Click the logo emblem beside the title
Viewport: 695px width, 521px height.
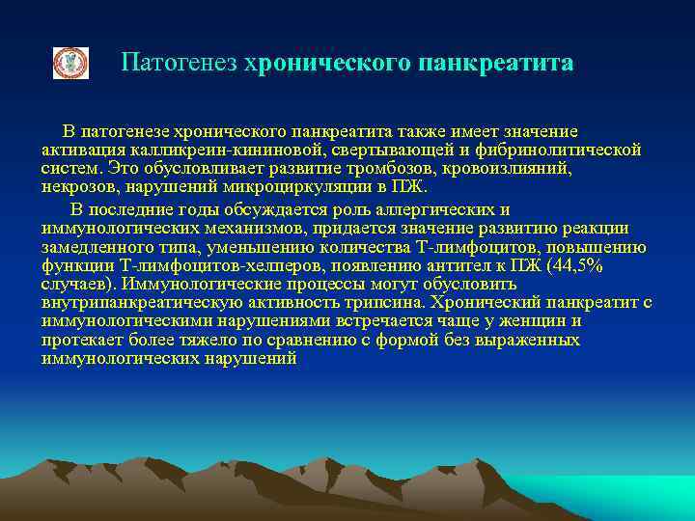coord(69,64)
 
